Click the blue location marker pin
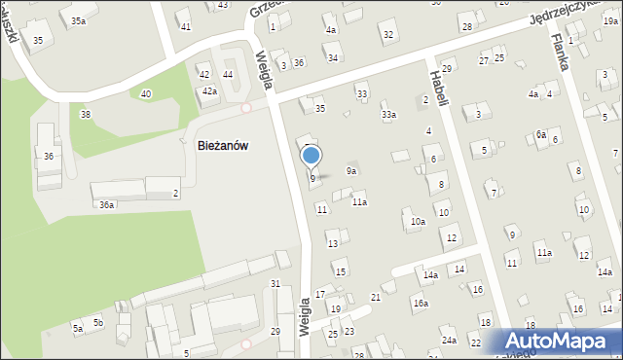coord(311,156)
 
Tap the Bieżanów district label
coord(223,145)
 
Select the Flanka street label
coord(558,50)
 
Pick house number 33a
coord(388,115)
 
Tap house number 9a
coord(352,171)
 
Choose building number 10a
coord(418,222)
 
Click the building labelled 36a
coord(107,205)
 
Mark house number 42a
coord(209,90)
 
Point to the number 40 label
coord(146,93)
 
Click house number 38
coord(86,115)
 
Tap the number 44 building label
coord(228,74)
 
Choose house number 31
coord(275,283)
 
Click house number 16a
coord(420,304)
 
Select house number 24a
coord(449,341)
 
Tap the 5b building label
coord(98,322)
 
